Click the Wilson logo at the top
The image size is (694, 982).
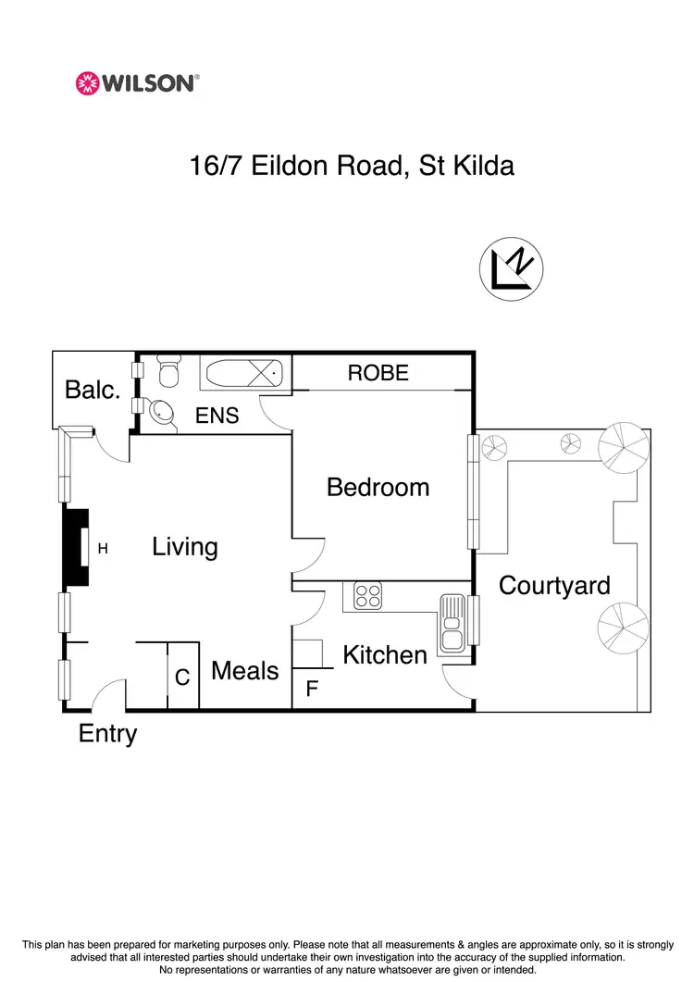pos(137,83)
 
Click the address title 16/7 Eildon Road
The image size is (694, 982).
pos(352,167)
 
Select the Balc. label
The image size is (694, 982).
pos(93,390)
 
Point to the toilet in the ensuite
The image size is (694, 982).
pos(168,372)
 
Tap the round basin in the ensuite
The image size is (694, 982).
pos(163,413)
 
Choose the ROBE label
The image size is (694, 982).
pos(378,373)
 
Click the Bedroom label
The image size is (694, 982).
pos(378,487)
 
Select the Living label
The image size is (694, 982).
pos(185,547)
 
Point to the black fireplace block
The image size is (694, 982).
pos(76,548)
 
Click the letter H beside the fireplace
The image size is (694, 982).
pos(104,549)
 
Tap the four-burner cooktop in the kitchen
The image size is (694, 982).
pos(367,595)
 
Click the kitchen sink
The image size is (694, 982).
pos(452,622)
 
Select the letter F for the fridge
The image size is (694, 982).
pos(312,689)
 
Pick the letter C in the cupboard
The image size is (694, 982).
pos(182,677)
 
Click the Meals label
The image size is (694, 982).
pos(244,670)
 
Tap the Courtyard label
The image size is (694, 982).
pos(554,585)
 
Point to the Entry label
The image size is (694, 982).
pos(107,734)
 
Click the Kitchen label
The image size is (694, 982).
pos(385,655)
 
